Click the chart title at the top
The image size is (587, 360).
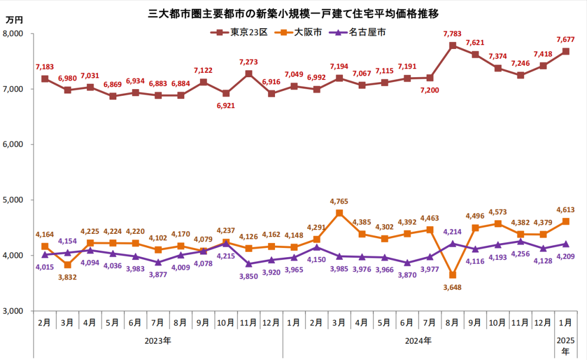tap(293, 11)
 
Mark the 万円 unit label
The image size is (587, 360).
tap(15, 20)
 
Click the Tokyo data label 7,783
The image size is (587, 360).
tap(452, 34)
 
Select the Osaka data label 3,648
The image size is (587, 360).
tap(452, 287)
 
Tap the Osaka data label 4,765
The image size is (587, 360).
tap(339, 202)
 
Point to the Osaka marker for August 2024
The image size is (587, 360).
tap(452, 275)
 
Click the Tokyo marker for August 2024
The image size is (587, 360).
tap(452, 46)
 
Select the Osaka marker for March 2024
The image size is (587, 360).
tap(339, 213)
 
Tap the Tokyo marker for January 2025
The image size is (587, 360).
tap(565, 52)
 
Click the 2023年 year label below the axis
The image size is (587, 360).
tap(158, 341)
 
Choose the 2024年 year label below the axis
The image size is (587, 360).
tap(419, 341)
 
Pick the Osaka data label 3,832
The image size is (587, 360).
tap(67, 277)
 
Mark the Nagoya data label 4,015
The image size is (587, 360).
tap(45, 266)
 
